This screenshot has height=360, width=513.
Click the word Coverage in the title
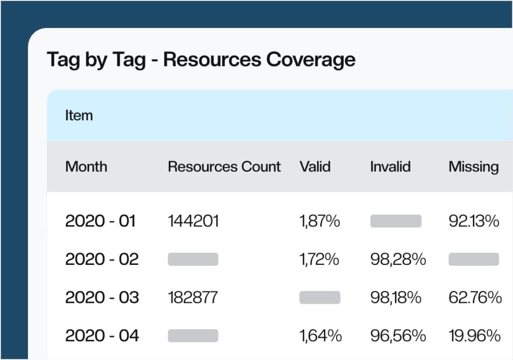click(x=311, y=60)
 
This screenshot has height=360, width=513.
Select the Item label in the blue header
click(x=79, y=116)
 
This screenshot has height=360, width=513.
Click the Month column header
click(x=86, y=167)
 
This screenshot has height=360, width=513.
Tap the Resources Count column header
click(x=224, y=167)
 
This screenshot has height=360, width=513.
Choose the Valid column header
click(x=315, y=167)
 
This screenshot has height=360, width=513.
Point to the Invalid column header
click(x=390, y=167)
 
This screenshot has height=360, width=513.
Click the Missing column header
click(x=473, y=167)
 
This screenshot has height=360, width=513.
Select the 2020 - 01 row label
click(x=100, y=221)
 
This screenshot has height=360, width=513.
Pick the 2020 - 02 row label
click(x=102, y=259)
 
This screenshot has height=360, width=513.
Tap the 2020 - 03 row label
click(x=102, y=297)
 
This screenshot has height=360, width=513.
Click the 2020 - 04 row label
click(x=102, y=335)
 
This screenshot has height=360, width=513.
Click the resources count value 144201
click(x=193, y=221)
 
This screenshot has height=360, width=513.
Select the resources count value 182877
click(x=193, y=297)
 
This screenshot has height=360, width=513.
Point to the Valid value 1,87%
click(x=320, y=221)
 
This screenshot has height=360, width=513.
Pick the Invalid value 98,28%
click(x=398, y=259)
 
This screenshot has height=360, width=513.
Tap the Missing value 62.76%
click(x=475, y=297)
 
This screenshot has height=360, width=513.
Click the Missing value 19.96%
click(x=474, y=335)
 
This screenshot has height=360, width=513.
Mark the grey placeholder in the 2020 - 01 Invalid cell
click(x=396, y=221)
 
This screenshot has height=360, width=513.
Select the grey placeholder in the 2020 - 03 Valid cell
click(x=320, y=297)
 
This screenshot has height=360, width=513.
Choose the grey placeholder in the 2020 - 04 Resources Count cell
click(x=193, y=335)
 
